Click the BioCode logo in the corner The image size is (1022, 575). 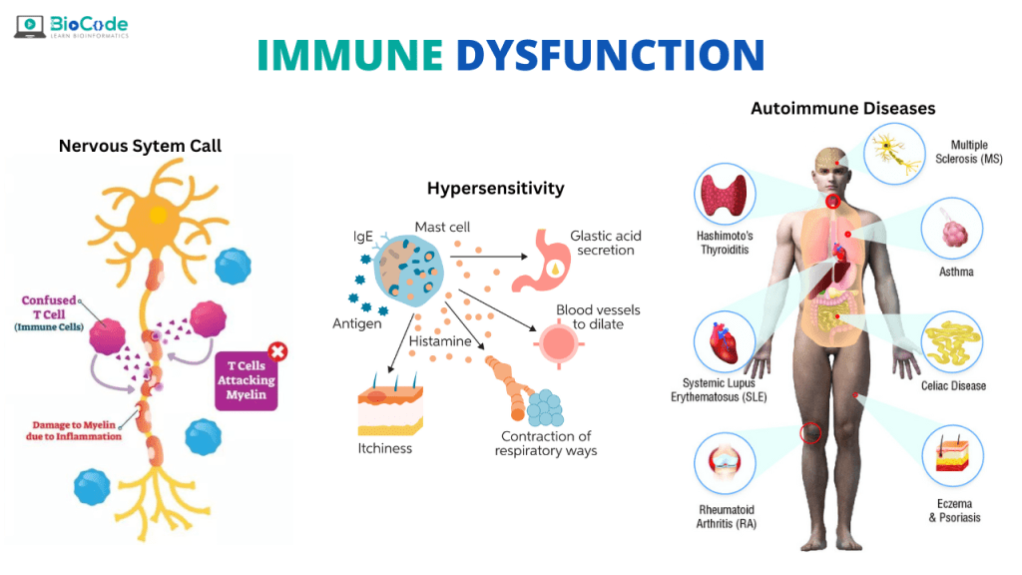coord(71,26)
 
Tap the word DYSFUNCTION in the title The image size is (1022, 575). coord(610,55)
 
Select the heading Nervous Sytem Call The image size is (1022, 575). coord(140,146)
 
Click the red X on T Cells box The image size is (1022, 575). coord(277,351)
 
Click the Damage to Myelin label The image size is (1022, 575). coord(77,430)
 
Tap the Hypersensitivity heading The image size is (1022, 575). coord(495,188)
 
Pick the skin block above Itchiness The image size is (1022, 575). coord(390,409)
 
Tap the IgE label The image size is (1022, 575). coord(362,238)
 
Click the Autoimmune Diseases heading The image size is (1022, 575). coord(842,108)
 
